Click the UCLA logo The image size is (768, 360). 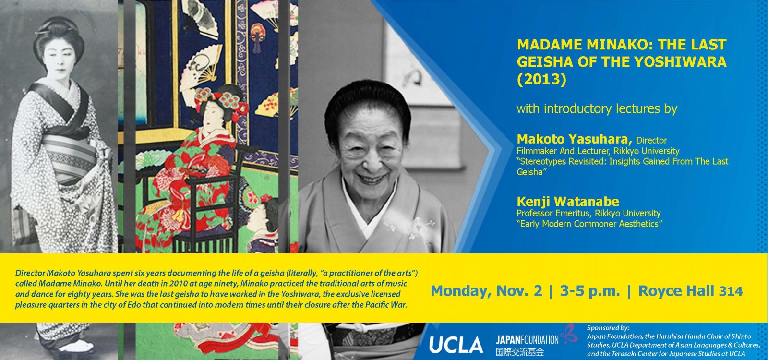click(456, 344)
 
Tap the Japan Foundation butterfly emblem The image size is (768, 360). click(569, 333)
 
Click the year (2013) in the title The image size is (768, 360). click(541, 79)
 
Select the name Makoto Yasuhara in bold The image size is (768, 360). click(574, 139)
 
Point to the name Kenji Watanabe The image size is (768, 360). click(568, 201)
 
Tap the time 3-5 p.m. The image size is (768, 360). click(590, 291)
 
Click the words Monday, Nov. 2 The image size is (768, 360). click(487, 291)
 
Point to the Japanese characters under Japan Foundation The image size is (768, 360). click(520, 352)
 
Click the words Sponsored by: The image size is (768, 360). click(608, 328)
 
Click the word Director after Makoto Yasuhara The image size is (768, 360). click(651, 140)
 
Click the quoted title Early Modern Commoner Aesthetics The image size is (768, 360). click(590, 224)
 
